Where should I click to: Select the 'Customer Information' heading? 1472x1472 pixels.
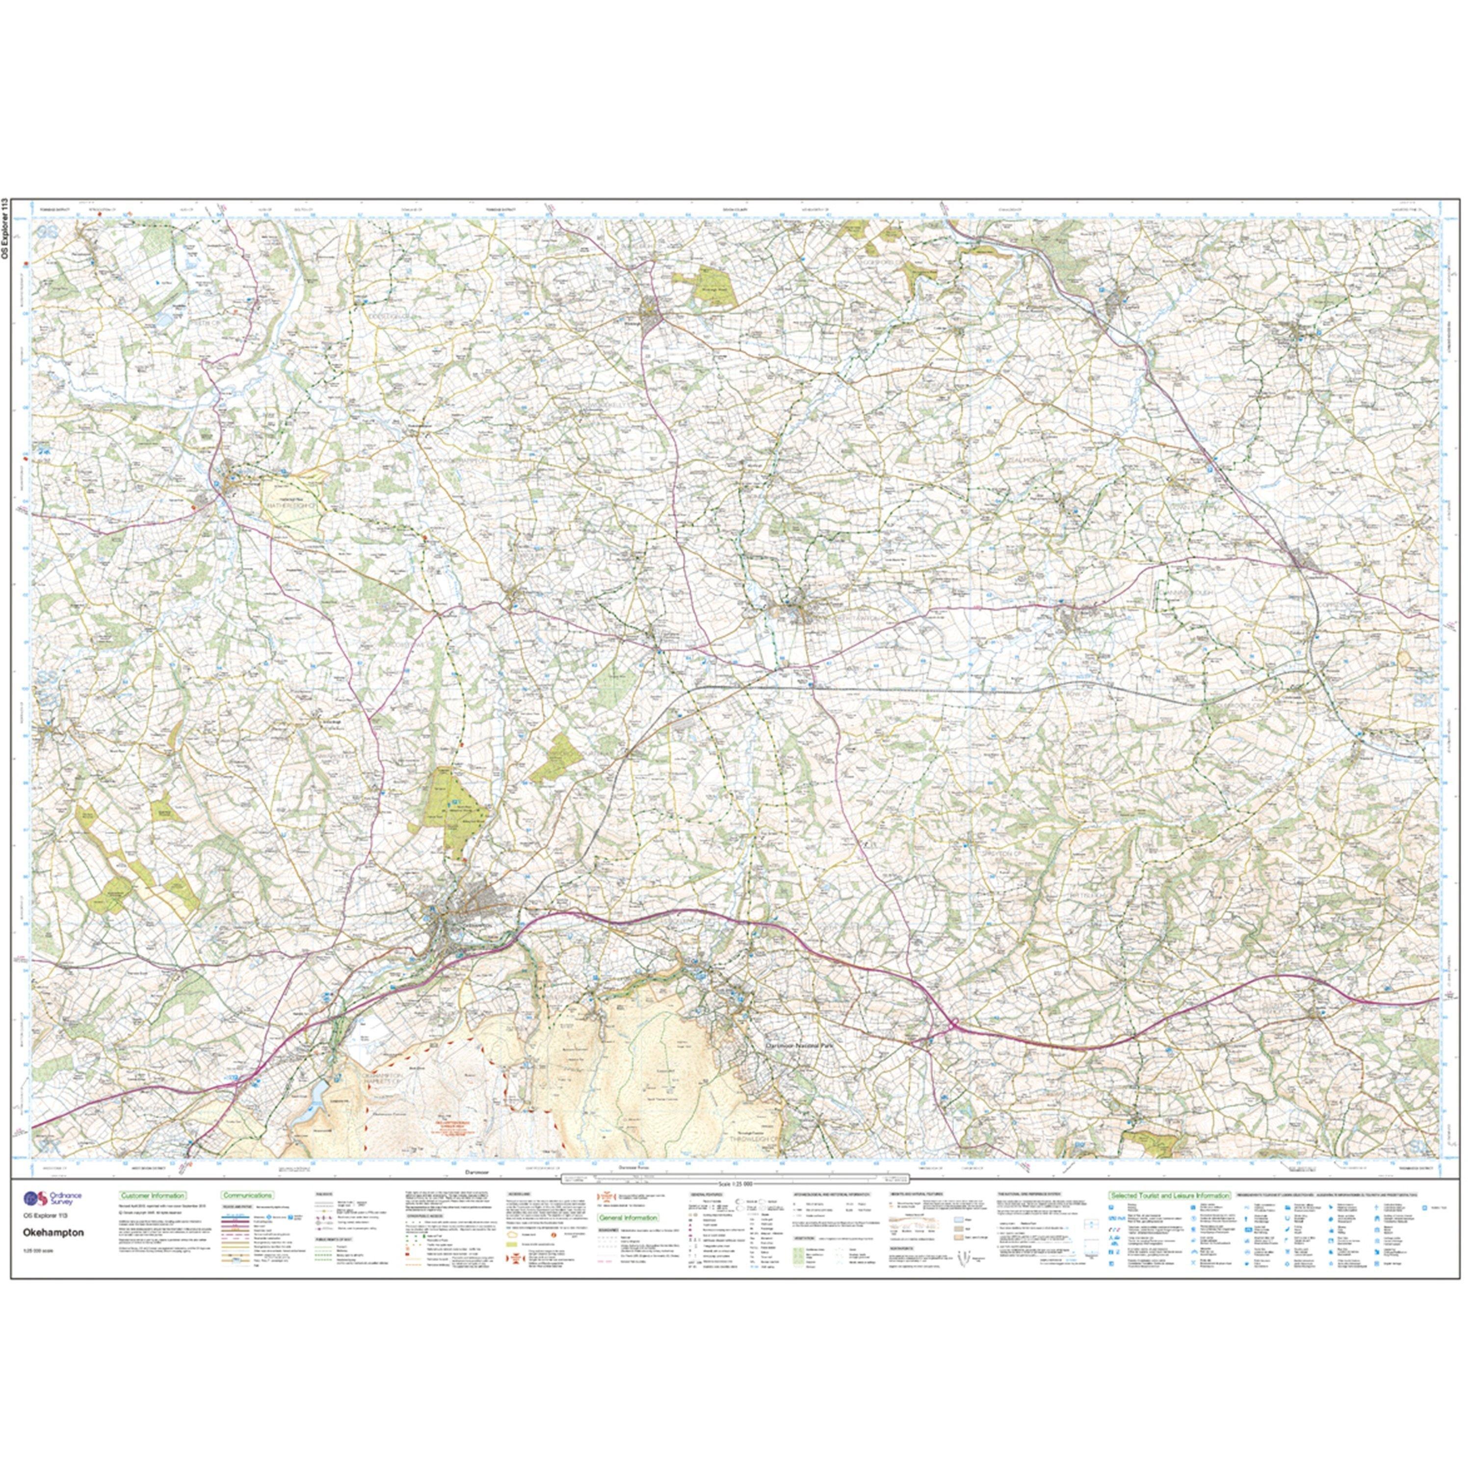pyautogui.click(x=153, y=1196)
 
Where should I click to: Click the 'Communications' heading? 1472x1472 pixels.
pyautogui.click(x=247, y=1196)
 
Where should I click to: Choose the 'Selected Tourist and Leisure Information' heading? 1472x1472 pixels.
pyautogui.click(x=1170, y=1196)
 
